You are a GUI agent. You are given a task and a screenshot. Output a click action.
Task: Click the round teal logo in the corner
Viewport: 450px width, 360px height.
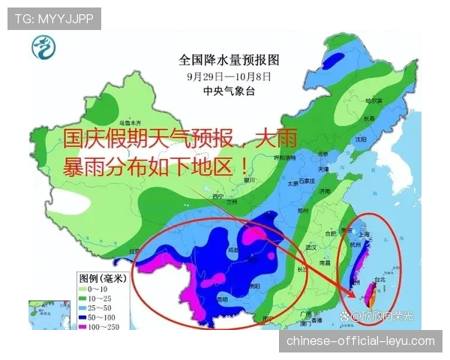click(x=43, y=51)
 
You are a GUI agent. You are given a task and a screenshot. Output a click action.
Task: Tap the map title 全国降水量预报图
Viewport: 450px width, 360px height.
click(x=229, y=58)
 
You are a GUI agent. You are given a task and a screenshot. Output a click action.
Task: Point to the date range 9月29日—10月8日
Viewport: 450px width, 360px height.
click(x=229, y=76)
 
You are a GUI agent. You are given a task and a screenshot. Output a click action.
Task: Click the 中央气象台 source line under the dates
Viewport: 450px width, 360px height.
click(x=229, y=91)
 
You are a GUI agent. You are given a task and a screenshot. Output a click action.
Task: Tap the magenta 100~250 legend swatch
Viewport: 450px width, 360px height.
click(x=83, y=328)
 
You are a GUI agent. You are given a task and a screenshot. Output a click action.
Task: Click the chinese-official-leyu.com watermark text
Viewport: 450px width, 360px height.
click(x=360, y=341)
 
